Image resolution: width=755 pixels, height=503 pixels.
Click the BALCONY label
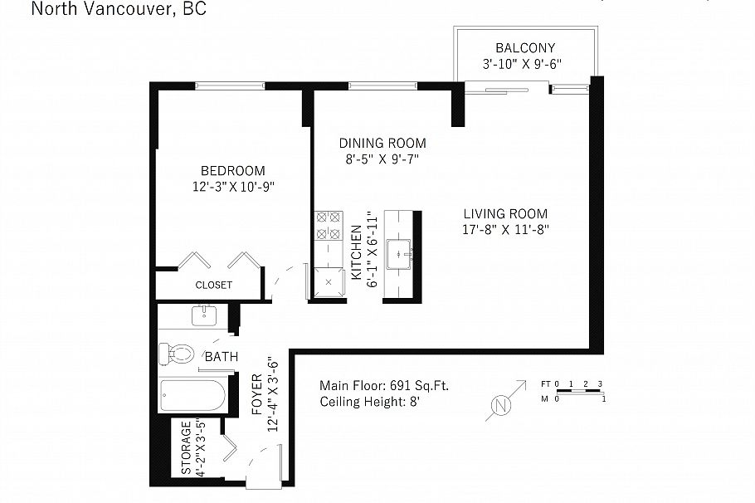(524, 48)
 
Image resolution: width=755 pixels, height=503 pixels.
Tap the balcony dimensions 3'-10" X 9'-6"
(524, 64)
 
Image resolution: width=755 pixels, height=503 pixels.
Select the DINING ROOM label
(382, 143)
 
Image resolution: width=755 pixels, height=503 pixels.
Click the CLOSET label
(213, 285)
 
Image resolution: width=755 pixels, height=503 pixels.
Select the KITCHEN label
(356, 253)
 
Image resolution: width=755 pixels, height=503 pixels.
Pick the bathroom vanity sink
(204, 316)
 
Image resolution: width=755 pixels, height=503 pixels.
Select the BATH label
(221, 358)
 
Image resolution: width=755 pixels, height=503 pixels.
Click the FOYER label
(257, 395)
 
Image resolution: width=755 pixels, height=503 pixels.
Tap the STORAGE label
(186, 448)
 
